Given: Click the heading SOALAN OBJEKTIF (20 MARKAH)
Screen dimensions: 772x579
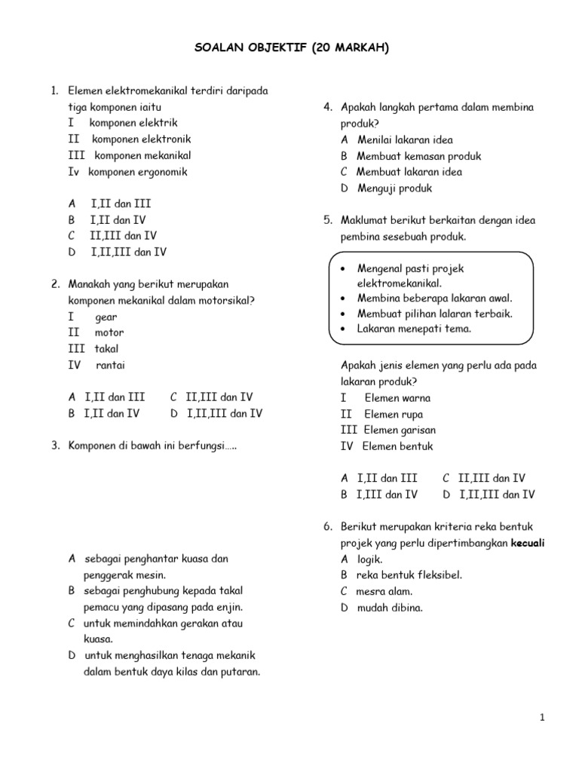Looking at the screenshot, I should click(x=289, y=49).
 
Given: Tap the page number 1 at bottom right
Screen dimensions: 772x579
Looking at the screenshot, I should click(x=542, y=718).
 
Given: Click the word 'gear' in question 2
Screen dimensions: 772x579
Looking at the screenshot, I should click(x=106, y=317).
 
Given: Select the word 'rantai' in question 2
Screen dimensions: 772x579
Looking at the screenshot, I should click(x=111, y=365).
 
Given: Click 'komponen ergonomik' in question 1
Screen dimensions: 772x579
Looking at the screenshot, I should click(x=138, y=172).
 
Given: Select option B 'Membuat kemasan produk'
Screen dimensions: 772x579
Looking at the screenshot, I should click(x=418, y=156).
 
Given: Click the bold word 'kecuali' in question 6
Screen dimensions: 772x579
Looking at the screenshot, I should click(x=528, y=543).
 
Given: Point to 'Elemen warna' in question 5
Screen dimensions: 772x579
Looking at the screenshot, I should click(x=397, y=397).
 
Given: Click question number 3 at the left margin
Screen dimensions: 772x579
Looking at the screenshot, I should click(x=56, y=446).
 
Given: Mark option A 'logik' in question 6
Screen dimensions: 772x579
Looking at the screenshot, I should click(x=369, y=559).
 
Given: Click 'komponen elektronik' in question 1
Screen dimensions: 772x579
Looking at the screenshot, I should click(x=142, y=139).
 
